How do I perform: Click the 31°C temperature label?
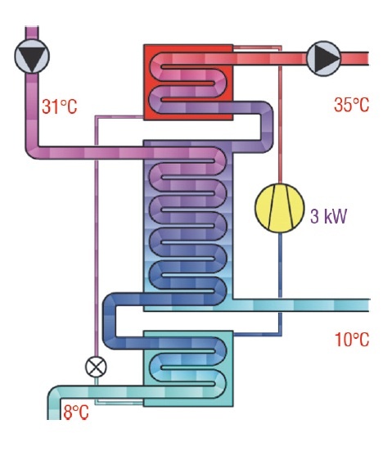(59, 106)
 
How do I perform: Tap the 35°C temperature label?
(352, 105)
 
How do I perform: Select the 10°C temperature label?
(352, 340)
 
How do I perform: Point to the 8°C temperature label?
(76, 412)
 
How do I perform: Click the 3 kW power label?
(329, 216)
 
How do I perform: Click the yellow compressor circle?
(279, 208)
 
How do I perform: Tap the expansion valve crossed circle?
(96, 367)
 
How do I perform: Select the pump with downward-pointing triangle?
(32, 56)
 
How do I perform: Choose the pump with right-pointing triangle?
(324, 58)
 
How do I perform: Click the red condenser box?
(188, 82)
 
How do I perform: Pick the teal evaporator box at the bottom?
(188, 368)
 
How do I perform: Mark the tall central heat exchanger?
(188, 225)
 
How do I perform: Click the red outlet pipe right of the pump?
(354, 58)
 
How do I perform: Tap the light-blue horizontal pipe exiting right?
(301, 305)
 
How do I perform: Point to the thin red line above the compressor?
(280, 115)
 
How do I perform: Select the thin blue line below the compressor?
(280, 284)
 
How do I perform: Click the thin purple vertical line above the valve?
(97, 236)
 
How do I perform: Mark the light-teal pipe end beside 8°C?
(54, 409)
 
